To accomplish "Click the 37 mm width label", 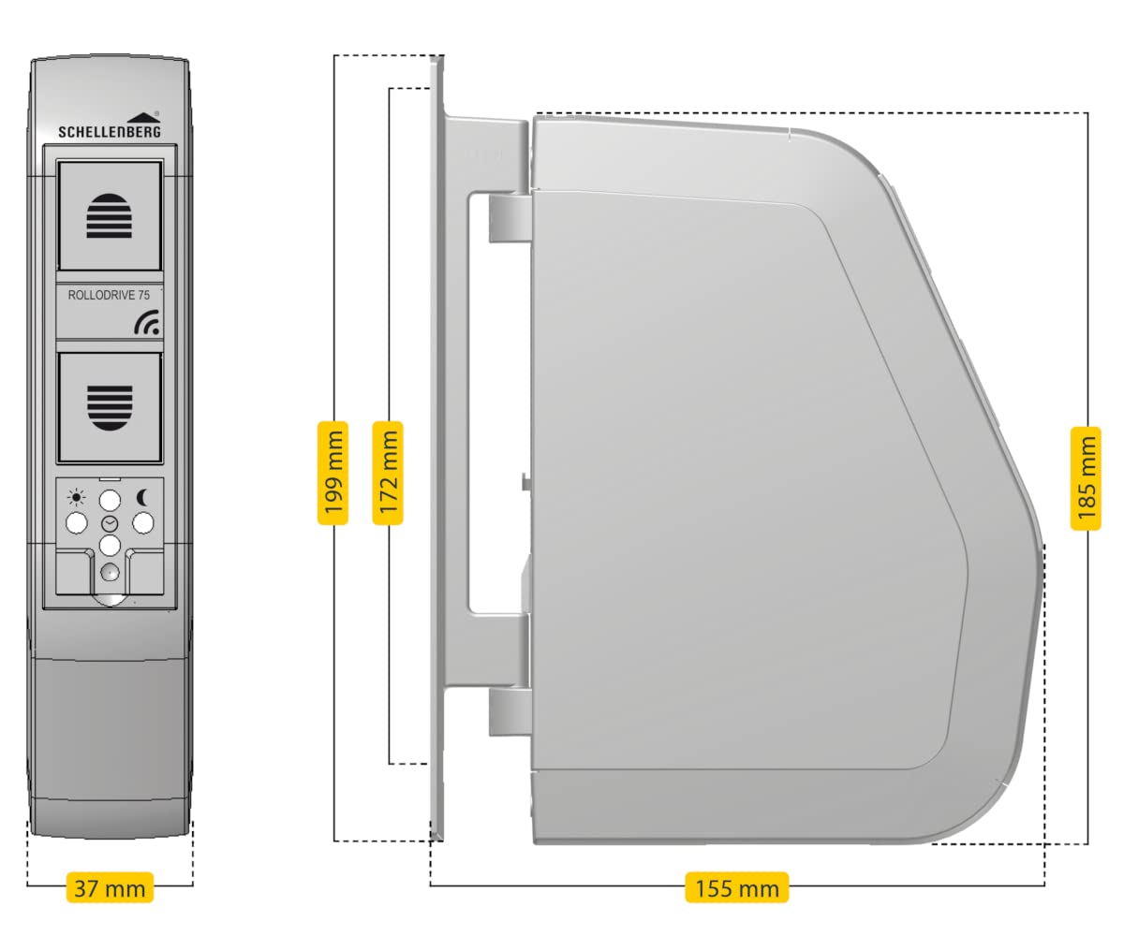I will pos(110,887).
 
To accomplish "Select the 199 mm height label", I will pos(333,473).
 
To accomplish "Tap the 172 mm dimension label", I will pos(389,473).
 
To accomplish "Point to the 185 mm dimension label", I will pos(1086,477).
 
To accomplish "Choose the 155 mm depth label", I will pos(736,887).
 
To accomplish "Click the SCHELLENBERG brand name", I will pos(110,132).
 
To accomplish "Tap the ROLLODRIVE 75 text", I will pos(109,295).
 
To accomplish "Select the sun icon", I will pos(76,498).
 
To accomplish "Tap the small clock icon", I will pos(110,522).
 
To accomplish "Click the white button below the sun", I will pos(76,522).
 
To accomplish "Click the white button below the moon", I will pos(143,522).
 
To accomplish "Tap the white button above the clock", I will pos(110,499).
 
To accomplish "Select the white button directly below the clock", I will pos(110,545).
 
